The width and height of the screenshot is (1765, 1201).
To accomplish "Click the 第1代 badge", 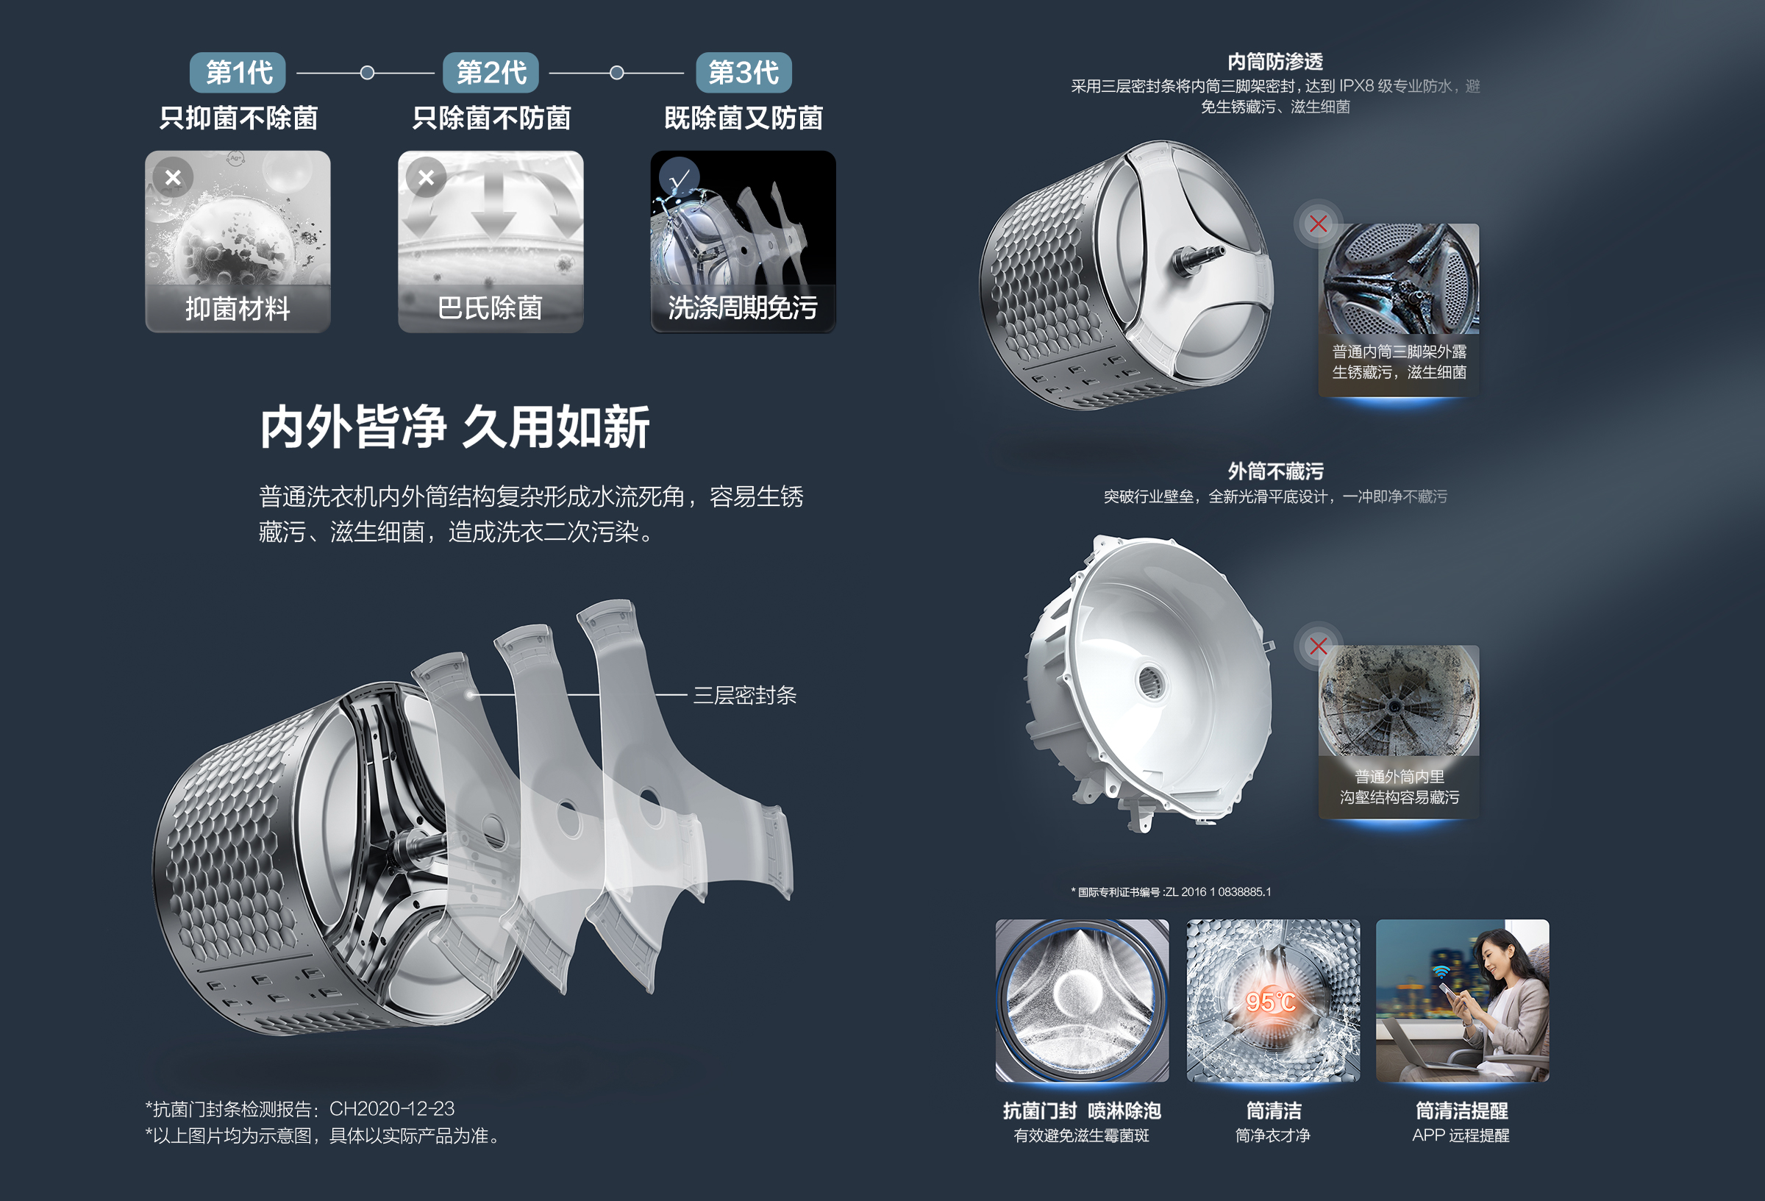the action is [238, 73].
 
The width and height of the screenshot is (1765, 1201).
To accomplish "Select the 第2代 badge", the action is [491, 73].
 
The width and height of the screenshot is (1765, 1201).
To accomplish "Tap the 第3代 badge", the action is [744, 73].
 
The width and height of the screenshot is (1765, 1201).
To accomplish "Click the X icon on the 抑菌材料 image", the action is [173, 178].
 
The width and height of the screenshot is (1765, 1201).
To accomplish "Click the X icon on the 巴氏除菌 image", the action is [426, 178].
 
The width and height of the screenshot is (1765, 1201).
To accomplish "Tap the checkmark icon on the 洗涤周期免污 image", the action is [679, 178].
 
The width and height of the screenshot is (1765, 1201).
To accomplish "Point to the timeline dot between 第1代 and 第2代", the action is [367, 73].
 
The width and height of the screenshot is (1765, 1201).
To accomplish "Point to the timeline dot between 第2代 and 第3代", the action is [617, 73].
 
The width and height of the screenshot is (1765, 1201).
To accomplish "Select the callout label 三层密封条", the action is [744, 695].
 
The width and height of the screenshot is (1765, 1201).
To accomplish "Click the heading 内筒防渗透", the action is [1275, 62].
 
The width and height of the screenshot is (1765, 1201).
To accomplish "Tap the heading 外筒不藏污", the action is [1275, 471].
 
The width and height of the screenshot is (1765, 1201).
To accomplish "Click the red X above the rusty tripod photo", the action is [1319, 224].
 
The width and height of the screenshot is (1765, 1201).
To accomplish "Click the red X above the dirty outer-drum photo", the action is [1319, 646].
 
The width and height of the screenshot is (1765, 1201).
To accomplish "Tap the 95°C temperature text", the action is [1271, 1002].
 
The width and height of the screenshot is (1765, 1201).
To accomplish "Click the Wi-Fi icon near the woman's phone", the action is [1441, 972].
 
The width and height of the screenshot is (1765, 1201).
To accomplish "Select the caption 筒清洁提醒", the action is [1461, 1111].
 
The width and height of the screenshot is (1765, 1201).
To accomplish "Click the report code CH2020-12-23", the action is [392, 1109].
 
